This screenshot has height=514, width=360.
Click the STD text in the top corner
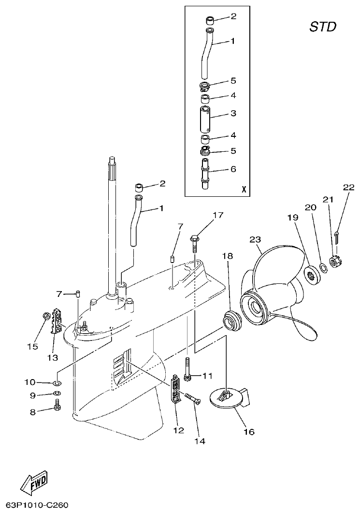point(323,27)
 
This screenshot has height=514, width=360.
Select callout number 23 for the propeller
point(255,239)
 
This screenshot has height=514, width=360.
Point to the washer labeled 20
point(322,267)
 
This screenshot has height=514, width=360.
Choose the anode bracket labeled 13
point(57,320)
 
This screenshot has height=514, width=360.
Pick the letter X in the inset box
point(244,190)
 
